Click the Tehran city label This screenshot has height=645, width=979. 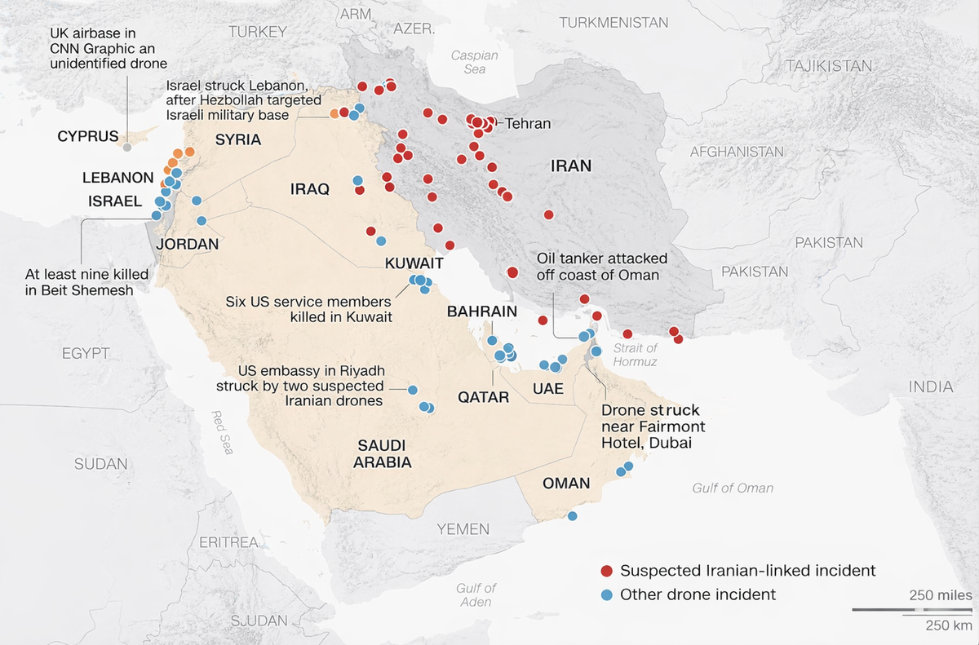(528, 124)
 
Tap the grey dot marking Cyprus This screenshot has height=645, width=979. (126, 147)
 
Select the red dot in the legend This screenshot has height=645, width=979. (606, 571)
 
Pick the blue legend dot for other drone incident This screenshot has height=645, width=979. (606, 594)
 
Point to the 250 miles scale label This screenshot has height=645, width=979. (940, 594)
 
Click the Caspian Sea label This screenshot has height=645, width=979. (475, 62)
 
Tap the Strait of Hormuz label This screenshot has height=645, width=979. (635, 355)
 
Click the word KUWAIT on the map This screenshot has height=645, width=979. (414, 263)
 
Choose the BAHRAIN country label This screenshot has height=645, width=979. (481, 311)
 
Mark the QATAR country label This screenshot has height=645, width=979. (483, 398)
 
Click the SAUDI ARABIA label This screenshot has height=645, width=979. (382, 453)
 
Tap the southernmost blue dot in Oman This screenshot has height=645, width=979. (572, 515)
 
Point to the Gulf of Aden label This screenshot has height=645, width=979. (476, 594)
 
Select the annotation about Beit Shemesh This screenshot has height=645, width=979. (79, 282)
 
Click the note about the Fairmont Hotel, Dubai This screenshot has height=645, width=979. (653, 426)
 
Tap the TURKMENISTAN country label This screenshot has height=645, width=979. (614, 23)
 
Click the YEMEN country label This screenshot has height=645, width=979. (463, 529)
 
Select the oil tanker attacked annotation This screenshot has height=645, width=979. (601, 267)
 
